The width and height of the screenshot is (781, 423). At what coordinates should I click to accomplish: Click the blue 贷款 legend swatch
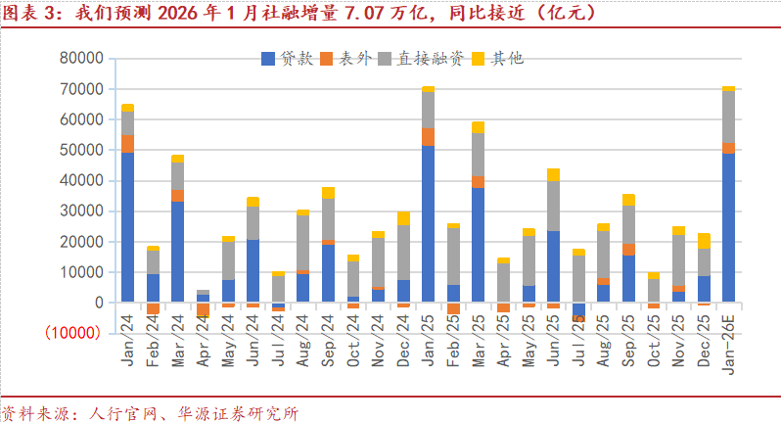269,59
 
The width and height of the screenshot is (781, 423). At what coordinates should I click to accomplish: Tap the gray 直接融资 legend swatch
386,59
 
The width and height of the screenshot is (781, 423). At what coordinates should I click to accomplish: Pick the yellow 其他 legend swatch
479,59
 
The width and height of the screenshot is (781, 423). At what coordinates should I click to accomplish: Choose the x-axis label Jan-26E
728,348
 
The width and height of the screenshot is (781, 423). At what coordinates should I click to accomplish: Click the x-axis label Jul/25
578,342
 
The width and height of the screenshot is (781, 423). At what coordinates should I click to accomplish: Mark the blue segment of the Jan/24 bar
127,226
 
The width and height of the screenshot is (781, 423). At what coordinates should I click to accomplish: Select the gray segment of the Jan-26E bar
728,117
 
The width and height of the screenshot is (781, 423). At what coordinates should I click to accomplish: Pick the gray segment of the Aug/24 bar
302,243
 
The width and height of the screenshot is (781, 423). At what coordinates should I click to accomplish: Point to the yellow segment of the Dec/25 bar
703,241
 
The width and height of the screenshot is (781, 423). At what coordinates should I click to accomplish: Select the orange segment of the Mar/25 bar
478,182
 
